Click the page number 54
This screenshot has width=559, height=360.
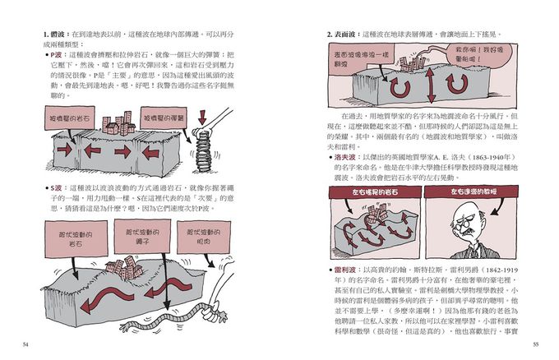[26, 343]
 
